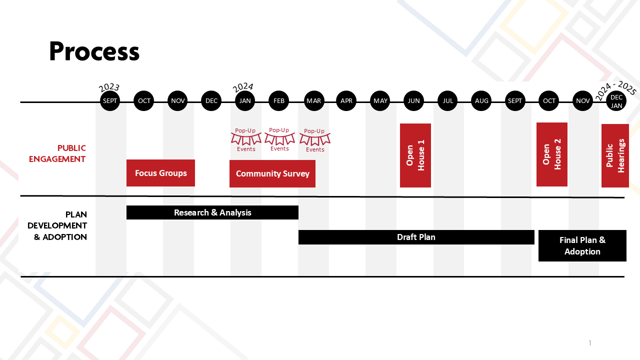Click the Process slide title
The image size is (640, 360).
point(94,51)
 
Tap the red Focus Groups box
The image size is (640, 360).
point(160,173)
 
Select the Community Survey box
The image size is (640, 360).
point(272,173)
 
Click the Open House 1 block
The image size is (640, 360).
point(415,155)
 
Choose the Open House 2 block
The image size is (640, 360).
point(552,154)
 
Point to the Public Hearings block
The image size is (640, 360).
point(615,155)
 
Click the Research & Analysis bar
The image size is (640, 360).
point(212,212)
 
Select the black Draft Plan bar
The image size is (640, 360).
point(416,237)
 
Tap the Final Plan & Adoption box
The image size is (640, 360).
point(582,245)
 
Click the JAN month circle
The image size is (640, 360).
point(245,101)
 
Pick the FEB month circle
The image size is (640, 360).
point(279,101)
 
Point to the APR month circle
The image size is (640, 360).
point(346,101)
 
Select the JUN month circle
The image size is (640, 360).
point(413,101)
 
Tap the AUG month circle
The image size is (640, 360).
point(481,101)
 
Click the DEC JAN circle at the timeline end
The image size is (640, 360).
point(616,101)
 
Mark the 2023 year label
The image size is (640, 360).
point(109,88)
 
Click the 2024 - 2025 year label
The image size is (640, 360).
point(615,90)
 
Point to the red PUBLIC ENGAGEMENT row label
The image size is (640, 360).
point(57,153)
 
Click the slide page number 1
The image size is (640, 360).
point(590,343)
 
